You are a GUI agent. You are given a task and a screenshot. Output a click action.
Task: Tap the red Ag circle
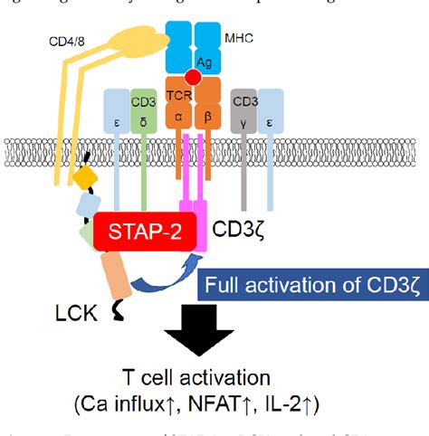click(x=192, y=78)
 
